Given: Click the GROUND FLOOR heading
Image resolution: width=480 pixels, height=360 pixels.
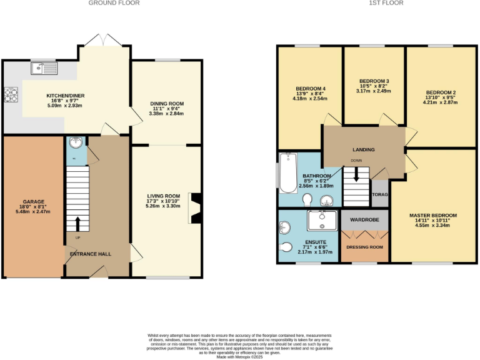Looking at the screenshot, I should pos(113,3).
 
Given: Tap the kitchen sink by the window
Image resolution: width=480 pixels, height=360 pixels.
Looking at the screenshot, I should pos(44,67).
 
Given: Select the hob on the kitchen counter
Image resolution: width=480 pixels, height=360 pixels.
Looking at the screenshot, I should pos(11,95).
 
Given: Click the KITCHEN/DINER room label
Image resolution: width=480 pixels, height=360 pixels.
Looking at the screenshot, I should pos(66,96).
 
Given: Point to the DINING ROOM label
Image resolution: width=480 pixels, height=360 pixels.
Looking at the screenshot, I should pos(167,104).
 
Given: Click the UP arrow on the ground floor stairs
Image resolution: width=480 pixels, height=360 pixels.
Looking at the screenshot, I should pos(77,224).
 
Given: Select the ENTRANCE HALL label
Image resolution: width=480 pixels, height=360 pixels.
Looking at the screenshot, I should pos(91,254).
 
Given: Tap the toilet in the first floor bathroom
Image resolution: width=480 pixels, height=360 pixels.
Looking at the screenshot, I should pos(307,199).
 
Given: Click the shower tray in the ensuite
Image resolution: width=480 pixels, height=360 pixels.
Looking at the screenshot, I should pos(322,221).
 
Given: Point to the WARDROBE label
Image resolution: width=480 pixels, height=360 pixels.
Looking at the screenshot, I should pos(365,220).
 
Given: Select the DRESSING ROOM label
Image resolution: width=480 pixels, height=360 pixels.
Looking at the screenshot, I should pos(365,246).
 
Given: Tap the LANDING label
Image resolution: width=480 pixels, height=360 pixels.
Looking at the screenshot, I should pos(363,150).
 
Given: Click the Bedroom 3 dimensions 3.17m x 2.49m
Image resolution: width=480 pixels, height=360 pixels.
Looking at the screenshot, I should pos(374,91).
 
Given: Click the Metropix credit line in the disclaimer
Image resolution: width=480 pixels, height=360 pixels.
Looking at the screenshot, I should pos(240,356).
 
